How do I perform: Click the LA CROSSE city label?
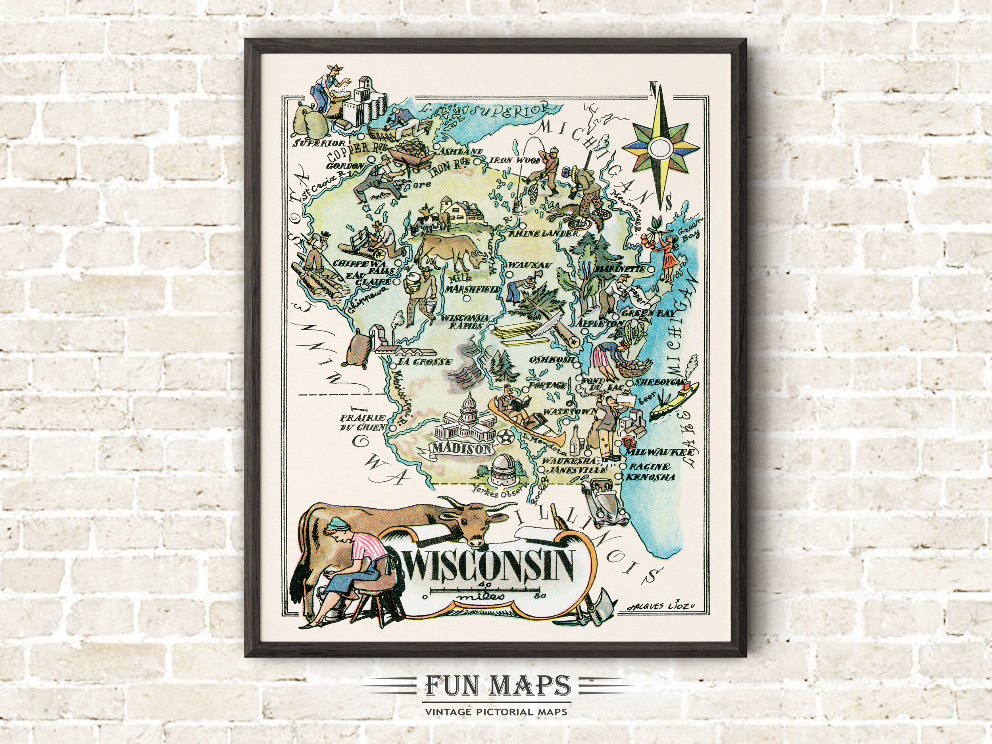[x=425, y=361]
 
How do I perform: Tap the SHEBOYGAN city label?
[x=662, y=382]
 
